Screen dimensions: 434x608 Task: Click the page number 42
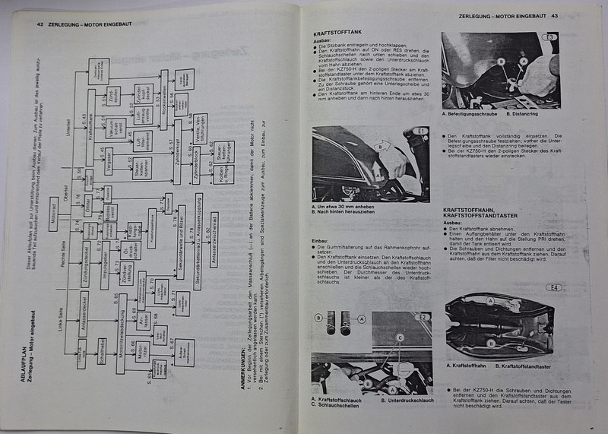[x=40, y=24]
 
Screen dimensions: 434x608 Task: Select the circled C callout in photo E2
[x=400, y=337]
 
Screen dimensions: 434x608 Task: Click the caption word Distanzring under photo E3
[x=524, y=115]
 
